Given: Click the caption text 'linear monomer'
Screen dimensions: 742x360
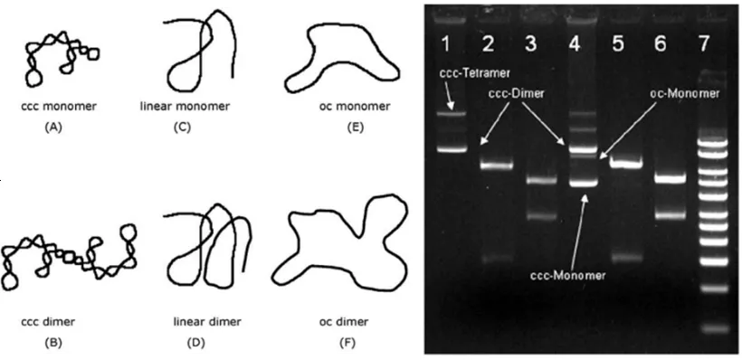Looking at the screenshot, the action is [185, 106].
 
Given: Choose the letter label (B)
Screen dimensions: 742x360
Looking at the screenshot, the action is [53, 343].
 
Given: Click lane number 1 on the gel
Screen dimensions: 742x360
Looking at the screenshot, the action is [445, 44].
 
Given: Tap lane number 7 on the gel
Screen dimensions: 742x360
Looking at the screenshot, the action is [704, 44].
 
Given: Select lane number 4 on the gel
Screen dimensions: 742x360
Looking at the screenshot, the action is [575, 44].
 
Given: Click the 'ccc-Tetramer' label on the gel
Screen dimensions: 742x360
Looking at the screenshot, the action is [475, 74].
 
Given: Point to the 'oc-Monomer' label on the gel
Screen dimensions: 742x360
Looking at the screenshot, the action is [684, 94].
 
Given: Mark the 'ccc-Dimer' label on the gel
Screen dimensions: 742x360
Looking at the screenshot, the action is [517, 94].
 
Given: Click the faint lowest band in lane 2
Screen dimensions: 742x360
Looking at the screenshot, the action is [497, 259].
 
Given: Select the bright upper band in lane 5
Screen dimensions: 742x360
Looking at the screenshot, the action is [626, 164].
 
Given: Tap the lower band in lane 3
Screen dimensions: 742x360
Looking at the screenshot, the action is [540, 216].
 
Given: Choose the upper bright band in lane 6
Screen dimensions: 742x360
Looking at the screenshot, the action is [670, 179].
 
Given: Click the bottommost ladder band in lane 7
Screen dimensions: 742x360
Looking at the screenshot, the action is [714, 327].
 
